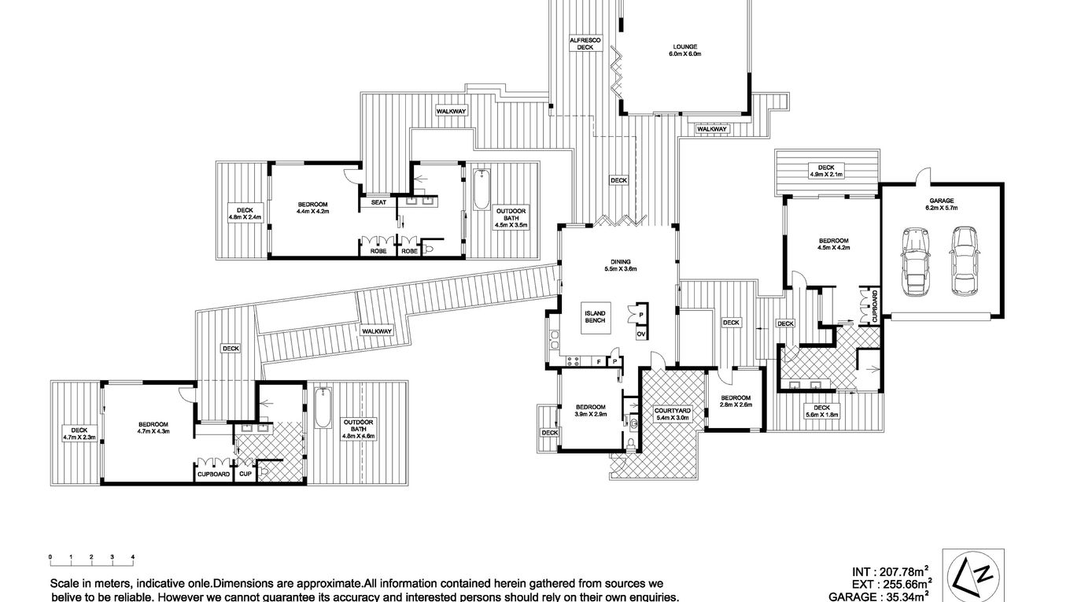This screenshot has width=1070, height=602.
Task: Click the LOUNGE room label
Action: pyautogui.click(x=684, y=50)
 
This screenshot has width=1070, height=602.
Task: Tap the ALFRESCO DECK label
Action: pyautogui.click(x=585, y=43)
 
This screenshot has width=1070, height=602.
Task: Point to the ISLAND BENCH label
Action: pyautogui.click(x=596, y=316)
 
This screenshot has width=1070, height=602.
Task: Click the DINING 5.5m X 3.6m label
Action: pyautogui.click(x=619, y=265)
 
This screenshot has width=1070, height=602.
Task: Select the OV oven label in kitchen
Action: pyautogui.click(x=641, y=334)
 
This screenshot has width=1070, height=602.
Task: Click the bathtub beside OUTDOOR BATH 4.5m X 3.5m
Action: pyautogui.click(x=481, y=190)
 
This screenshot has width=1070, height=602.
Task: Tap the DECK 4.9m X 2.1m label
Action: pyautogui.click(x=825, y=171)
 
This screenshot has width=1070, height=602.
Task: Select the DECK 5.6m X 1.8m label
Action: pyautogui.click(x=822, y=411)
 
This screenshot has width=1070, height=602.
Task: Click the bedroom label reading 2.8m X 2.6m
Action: pyautogui.click(x=736, y=401)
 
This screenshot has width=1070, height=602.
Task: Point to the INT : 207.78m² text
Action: pyautogui.click(x=891, y=571)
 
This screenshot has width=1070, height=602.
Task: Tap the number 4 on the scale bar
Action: pyautogui.click(x=133, y=557)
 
